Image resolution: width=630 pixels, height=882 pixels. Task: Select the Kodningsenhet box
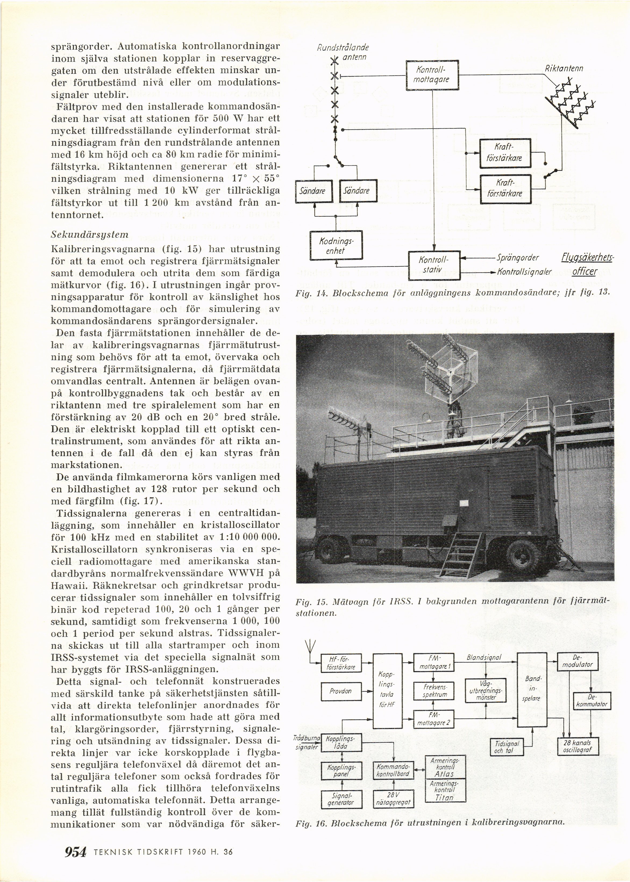click(x=336, y=246)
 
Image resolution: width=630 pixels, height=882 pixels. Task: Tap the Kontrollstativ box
click(x=434, y=265)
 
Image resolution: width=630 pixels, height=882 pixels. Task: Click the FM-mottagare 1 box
click(x=434, y=663)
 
